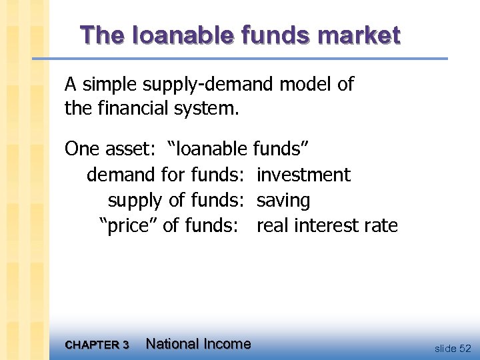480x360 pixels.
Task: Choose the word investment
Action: coord(303,175)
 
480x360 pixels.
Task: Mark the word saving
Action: coord(283,201)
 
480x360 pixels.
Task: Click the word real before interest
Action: coord(272,226)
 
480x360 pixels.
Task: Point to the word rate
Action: coord(382,226)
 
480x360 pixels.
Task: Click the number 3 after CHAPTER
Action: coord(125,345)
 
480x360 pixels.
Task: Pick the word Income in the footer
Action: coord(227,344)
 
